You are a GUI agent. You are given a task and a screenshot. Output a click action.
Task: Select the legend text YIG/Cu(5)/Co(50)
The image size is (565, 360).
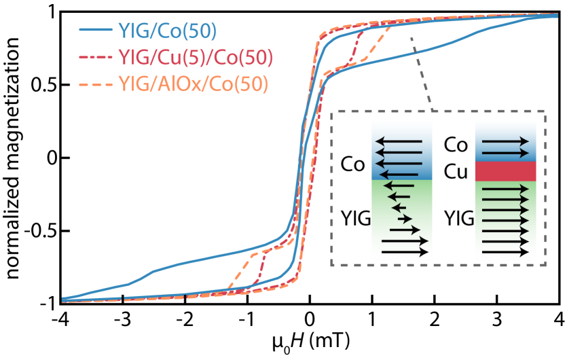pyautogui.click(x=196, y=58)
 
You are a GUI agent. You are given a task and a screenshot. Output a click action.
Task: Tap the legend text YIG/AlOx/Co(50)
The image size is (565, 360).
pyautogui.click(x=194, y=84)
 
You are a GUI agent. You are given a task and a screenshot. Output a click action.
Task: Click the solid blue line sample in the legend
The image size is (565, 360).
pyautogui.click(x=95, y=30)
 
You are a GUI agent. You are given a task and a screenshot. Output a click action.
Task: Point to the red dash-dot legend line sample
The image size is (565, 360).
pyautogui.click(x=95, y=58)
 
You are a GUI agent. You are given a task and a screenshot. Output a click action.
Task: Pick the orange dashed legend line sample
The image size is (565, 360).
pyautogui.click(x=95, y=84)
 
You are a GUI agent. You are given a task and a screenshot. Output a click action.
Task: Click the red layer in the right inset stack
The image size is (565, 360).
pyautogui.click(x=505, y=171)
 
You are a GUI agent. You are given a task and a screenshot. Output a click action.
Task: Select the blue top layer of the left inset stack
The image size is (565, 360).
pyautogui.click(x=401, y=149)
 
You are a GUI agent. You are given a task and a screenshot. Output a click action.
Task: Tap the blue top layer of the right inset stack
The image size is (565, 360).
pyautogui.click(x=505, y=141)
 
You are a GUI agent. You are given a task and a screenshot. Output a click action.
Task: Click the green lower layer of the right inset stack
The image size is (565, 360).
pyautogui.click(x=505, y=221)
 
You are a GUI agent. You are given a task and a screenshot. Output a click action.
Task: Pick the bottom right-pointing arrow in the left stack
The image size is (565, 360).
pyautogui.click(x=405, y=251)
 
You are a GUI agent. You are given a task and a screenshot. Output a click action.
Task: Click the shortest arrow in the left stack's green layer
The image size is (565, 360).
pyautogui.click(x=400, y=207)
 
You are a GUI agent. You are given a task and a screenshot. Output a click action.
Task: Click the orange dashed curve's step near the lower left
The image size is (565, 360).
pyautogui.click(x=240, y=269)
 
